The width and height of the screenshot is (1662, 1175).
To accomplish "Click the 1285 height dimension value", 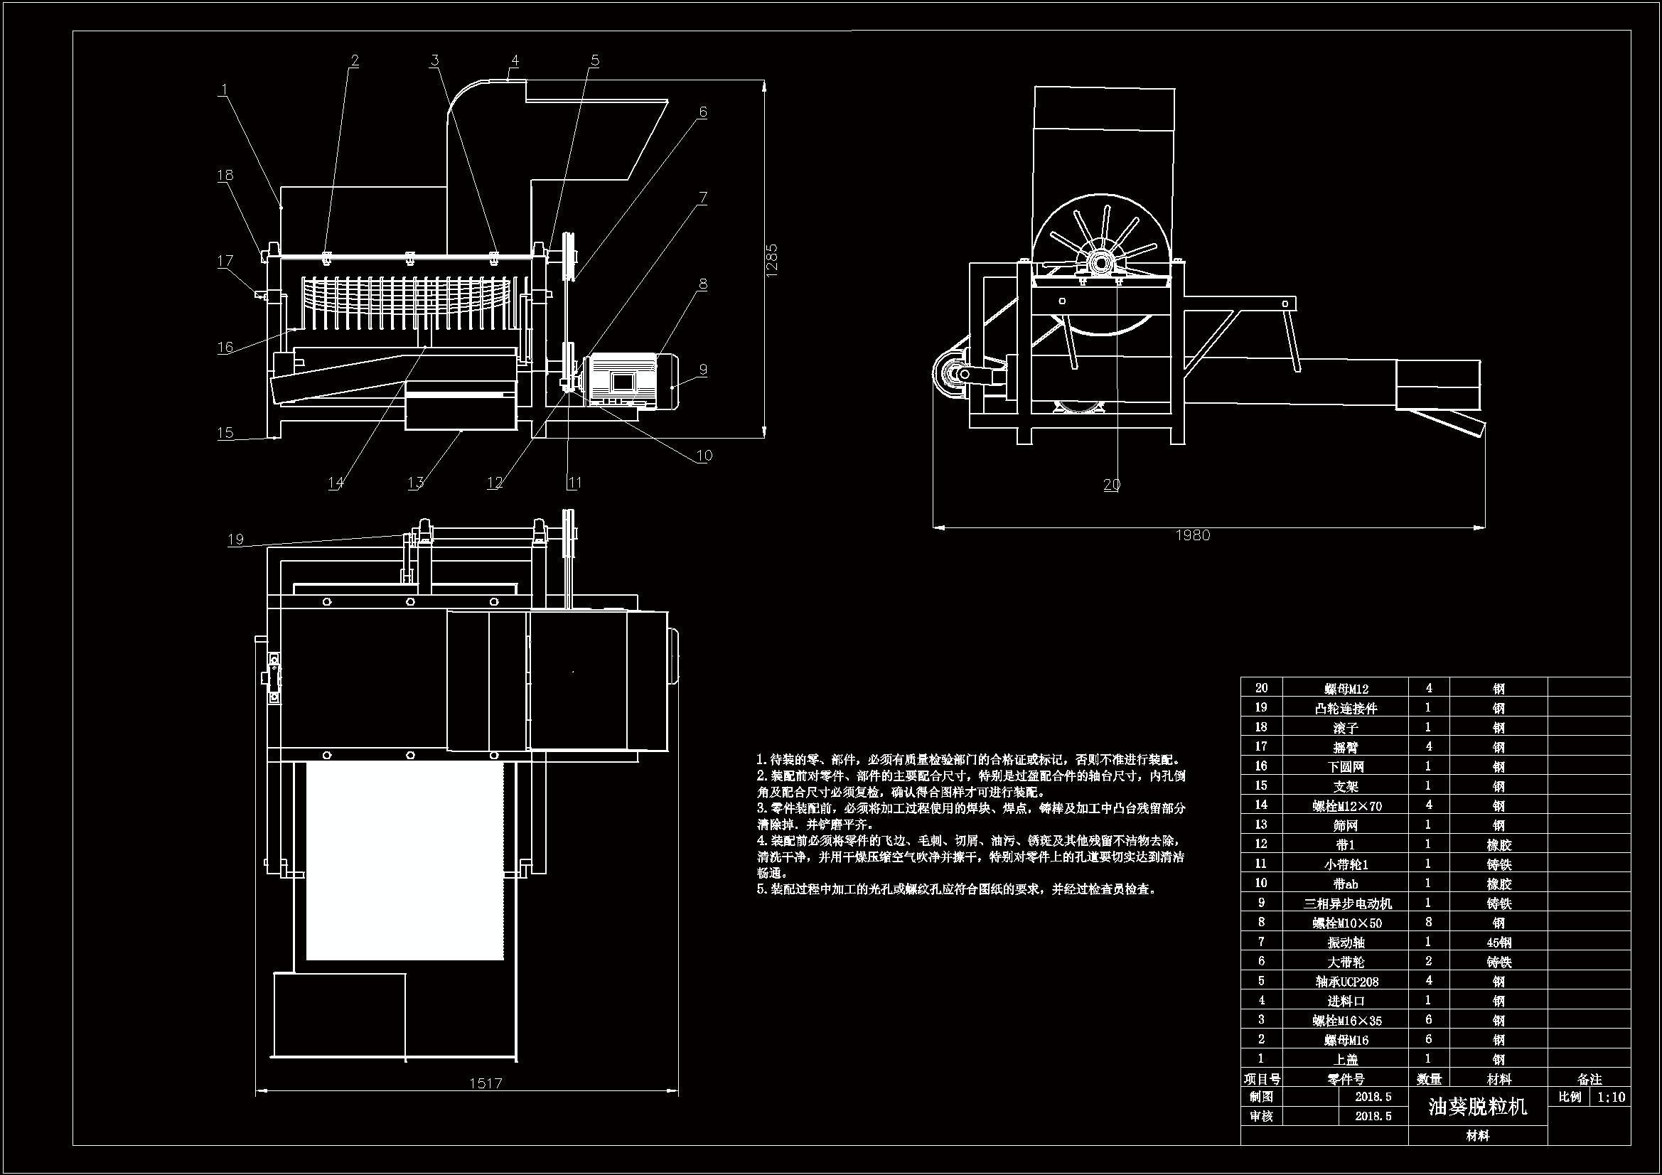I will pos(772,259).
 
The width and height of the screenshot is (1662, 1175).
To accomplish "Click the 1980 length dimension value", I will pos(1192,535).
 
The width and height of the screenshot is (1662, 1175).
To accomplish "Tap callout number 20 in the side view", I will pos(1111,484).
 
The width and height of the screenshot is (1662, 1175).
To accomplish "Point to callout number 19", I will pos(235,540).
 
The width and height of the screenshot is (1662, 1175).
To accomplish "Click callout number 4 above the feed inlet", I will pos(515,62).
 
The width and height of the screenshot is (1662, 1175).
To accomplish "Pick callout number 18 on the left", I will pos(225,175).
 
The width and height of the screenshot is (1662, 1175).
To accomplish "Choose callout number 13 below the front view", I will pos(415,483).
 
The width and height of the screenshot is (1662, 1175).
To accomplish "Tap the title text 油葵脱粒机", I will pos(1477,1107).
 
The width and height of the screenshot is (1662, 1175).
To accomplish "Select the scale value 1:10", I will pos(1611,1098).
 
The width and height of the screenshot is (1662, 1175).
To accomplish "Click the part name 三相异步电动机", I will pos(1347,903).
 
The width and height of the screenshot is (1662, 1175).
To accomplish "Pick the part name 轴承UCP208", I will pos(1346,982).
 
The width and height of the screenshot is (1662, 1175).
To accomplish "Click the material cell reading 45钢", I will pos(1499,943).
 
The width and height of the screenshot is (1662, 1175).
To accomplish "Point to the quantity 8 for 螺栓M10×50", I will pos(1428,923).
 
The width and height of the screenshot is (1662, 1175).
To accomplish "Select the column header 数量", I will pos(1428,1080).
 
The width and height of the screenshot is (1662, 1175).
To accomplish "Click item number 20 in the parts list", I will pos(1262,689).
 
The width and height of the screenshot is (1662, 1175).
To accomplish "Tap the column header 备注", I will pos(1589,1080).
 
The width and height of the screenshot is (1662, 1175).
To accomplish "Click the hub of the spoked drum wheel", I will pos(1100,262).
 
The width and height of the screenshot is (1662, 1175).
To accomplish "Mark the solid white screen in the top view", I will pos(404,860).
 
